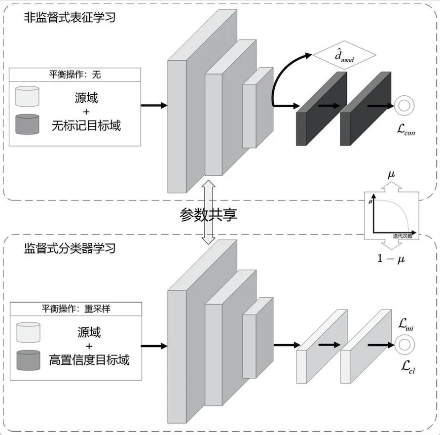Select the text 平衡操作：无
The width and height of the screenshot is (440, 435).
point(75,76)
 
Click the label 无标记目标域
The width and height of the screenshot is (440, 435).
point(86,125)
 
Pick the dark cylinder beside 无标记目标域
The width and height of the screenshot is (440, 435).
point(28,124)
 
